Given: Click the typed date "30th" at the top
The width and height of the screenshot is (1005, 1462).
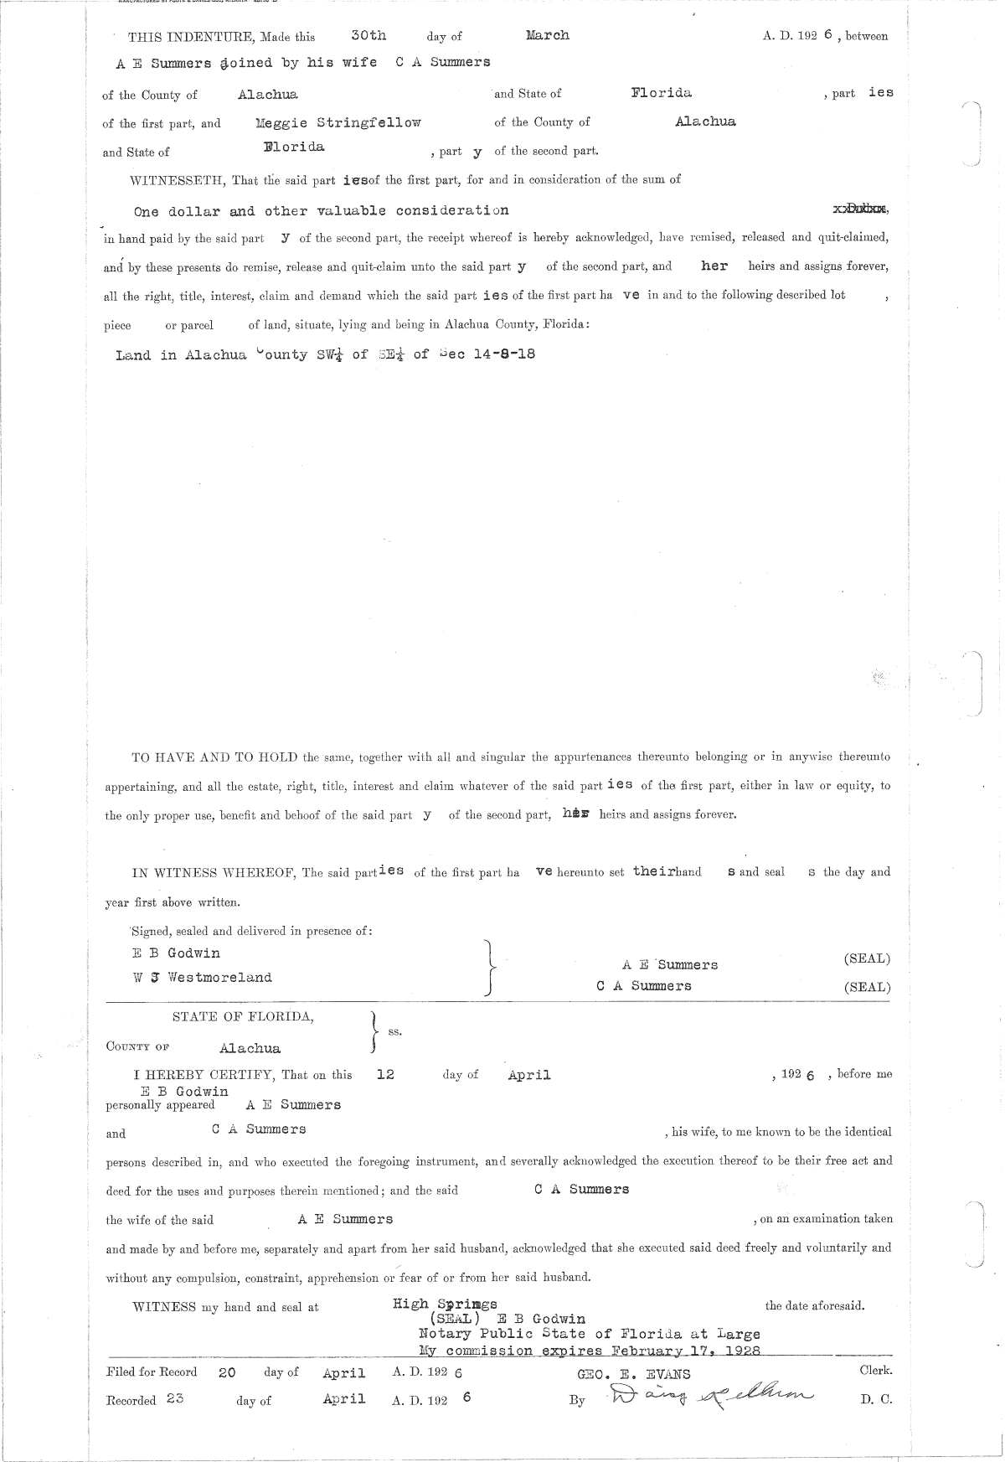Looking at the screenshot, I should (x=368, y=35).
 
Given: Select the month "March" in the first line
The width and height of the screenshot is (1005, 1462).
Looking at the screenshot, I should (x=547, y=35).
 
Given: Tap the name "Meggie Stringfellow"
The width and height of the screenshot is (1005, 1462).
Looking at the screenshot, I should (x=338, y=122).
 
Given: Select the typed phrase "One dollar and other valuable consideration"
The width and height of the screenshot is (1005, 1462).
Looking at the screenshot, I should (x=321, y=210).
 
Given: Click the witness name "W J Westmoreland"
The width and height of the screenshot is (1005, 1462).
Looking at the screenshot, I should (x=202, y=977).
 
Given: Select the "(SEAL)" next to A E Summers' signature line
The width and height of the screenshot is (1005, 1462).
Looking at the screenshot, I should (x=867, y=958).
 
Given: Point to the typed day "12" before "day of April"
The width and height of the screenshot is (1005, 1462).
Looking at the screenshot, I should (x=385, y=1074).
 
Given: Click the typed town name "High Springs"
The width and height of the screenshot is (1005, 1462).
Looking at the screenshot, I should (x=445, y=1304).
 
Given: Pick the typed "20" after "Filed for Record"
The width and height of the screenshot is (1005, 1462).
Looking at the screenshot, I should (x=227, y=1373).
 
